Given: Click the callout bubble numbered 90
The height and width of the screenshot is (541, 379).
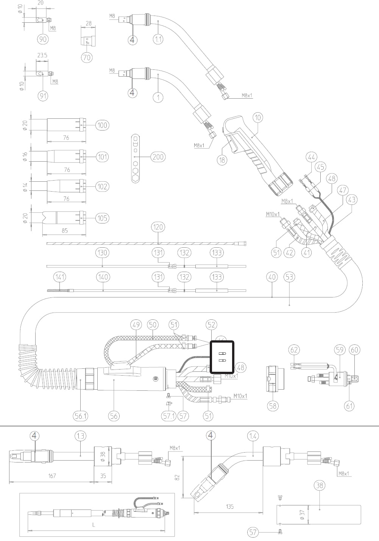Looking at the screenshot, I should point(43,39).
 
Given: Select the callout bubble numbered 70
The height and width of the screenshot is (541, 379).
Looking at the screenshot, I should point(87,57).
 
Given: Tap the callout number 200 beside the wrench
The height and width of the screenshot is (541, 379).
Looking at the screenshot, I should point(158,157).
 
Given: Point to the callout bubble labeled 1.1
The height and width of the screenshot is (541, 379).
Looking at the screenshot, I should point(158,39).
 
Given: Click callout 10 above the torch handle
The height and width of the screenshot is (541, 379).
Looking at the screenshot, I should point(257,118).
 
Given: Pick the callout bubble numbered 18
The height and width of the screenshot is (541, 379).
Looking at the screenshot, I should point(222,160).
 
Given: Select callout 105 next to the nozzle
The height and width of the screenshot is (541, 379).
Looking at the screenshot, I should point(102,218).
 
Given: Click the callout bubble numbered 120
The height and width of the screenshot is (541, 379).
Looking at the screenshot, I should point(158,227).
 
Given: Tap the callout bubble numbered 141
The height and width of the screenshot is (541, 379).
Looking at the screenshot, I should point(60,277).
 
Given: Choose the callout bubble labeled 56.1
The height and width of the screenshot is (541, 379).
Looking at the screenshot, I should point(81,416).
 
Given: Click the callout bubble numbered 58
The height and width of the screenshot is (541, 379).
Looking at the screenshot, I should point(273,406).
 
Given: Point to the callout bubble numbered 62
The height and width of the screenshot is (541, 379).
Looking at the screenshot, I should point(294,349).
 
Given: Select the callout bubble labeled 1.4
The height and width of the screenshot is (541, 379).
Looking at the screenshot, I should point(253,436).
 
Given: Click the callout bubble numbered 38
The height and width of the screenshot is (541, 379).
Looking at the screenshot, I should point(320,485).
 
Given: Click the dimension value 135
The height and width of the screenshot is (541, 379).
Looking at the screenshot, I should point(229,506).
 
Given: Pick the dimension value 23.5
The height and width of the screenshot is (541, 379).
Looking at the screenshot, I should point(42,55).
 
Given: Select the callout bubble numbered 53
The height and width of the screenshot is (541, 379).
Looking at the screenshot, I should point(289,277).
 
